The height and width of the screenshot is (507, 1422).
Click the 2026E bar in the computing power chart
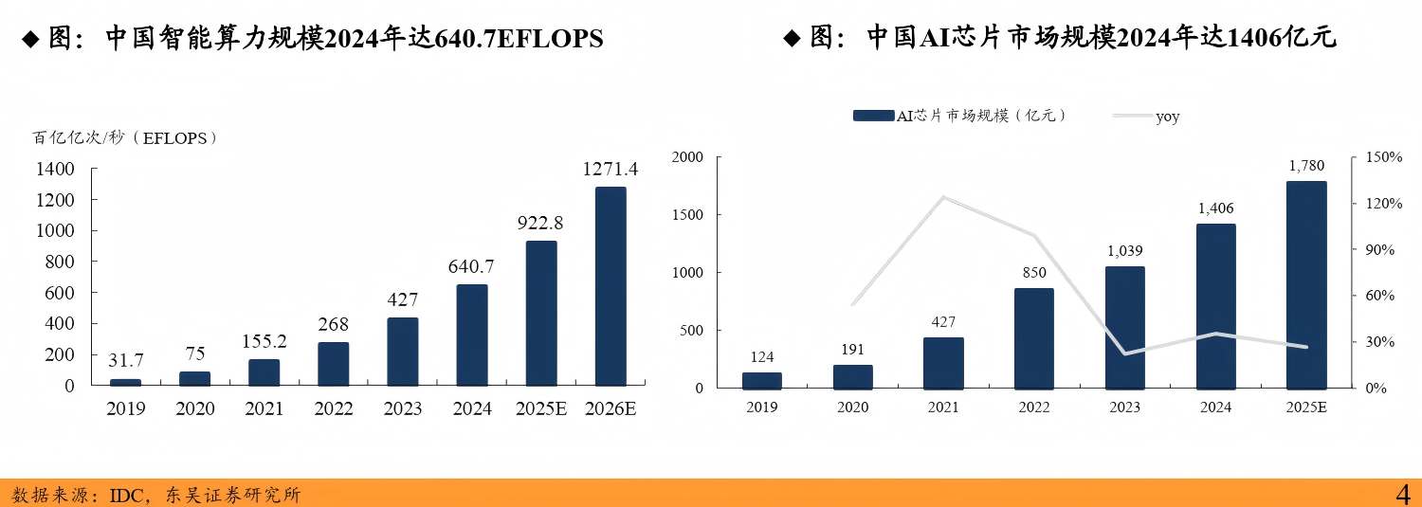(x=611, y=286)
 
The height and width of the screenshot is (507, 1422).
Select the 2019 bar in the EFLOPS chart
(x=125, y=382)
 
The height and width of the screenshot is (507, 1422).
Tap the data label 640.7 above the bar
(x=472, y=267)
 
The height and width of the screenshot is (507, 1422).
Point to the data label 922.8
(x=540, y=224)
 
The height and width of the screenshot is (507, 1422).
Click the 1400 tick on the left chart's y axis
(x=54, y=170)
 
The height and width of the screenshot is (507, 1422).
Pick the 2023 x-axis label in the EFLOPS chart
(x=403, y=409)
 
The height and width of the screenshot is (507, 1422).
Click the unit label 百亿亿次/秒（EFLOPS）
(x=126, y=138)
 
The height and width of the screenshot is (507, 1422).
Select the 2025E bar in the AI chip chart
(x=1306, y=284)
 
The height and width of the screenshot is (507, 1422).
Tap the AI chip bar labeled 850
(x=1033, y=337)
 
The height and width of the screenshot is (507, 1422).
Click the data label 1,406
(x=1215, y=208)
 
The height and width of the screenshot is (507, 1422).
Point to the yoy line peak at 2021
(x=943, y=197)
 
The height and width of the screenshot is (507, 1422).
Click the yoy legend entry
(x=1167, y=117)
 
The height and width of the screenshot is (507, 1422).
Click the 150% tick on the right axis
(x=1383, y=157)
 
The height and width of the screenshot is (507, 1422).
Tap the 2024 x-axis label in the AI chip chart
(x=1215, y=407)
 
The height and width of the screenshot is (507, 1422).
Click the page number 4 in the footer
(x=1403, y=494)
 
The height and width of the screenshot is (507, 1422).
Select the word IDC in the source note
(x=126, y=495)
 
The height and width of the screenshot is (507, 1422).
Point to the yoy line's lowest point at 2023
(x=1124, y=353)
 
